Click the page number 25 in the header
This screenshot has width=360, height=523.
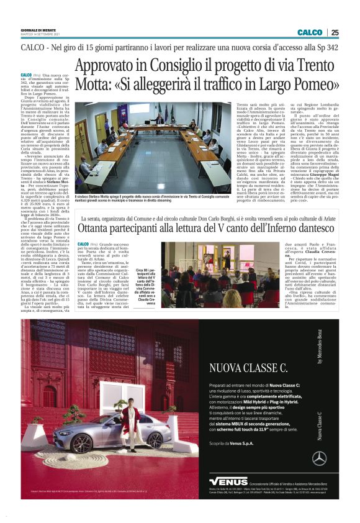[x=335, y=32]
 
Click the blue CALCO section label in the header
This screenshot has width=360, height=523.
[x=310, y=32]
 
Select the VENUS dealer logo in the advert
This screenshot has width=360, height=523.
[x=228, y=481]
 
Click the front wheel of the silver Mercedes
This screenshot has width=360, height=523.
[x=95, y=449]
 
